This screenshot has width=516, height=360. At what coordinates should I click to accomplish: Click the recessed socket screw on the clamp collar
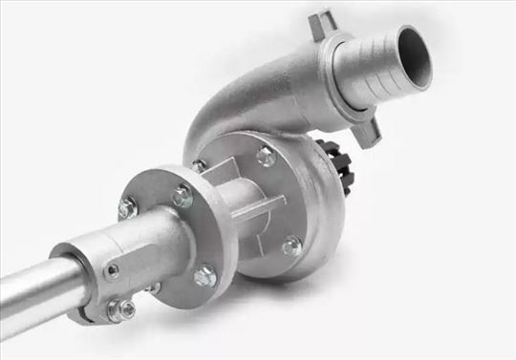[x=113, y=271]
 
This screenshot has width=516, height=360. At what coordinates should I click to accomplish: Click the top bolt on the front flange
[x=182, y=197]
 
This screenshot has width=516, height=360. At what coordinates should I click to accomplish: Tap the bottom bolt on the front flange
[x=204, y=277]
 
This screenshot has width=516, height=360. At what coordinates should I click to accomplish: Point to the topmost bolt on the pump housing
[x=266, y=157]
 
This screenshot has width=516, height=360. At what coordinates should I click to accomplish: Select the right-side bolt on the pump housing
[x=291, y=246]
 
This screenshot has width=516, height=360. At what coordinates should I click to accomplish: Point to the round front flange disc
[x=162, y=239]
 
